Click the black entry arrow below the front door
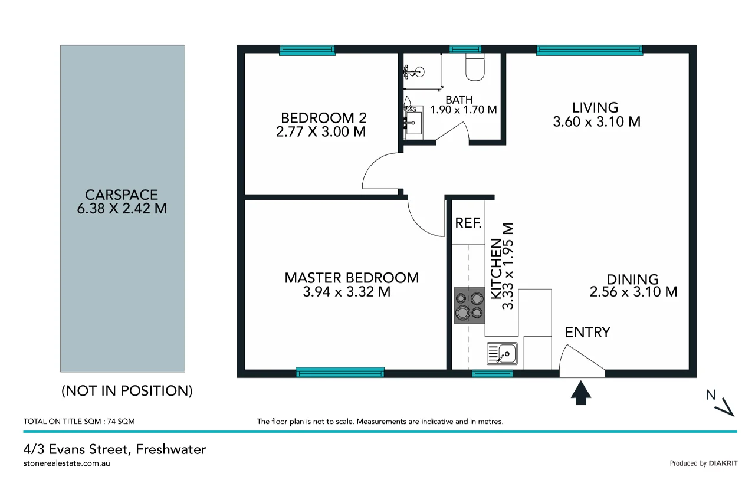pyautogui.click(x=581, y=393)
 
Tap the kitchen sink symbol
pyautogui.click(x=502, y=354)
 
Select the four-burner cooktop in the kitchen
pyautogui.click(x=469, y=305)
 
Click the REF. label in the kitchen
pyautogui.click(x=469, y=223)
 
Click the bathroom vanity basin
pyautogui.click(x=413, y=121)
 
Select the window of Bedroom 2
pyautogui.click(x=307, y=51)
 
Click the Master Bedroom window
pyautogui.click(x=340, y=372)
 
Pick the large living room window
pyautogui.click(x=589, y=51)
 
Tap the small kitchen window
pyautogui.click(x=493, y=373)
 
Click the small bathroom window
pyautogui.click(x=465, y=50)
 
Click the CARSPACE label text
pyautogui.click(x=122, y=195)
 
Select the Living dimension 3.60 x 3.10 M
pyautogui.click(x=596, y=122)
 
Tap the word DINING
pyautogui.click(x=632, y=280)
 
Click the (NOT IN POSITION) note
pyautogui.click(x=127, y=390)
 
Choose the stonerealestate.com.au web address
pyautogui.click(x=67, y=463)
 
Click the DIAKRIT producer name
pyautogui.click(x=723, y=463)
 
